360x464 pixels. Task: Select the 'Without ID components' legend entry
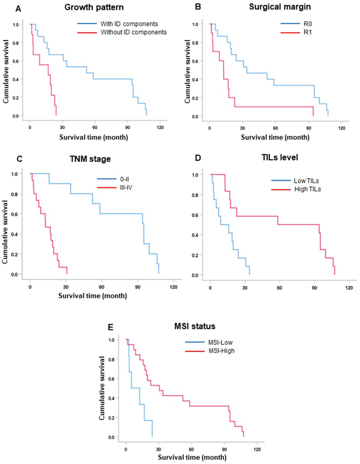click(x=133, y=32)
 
